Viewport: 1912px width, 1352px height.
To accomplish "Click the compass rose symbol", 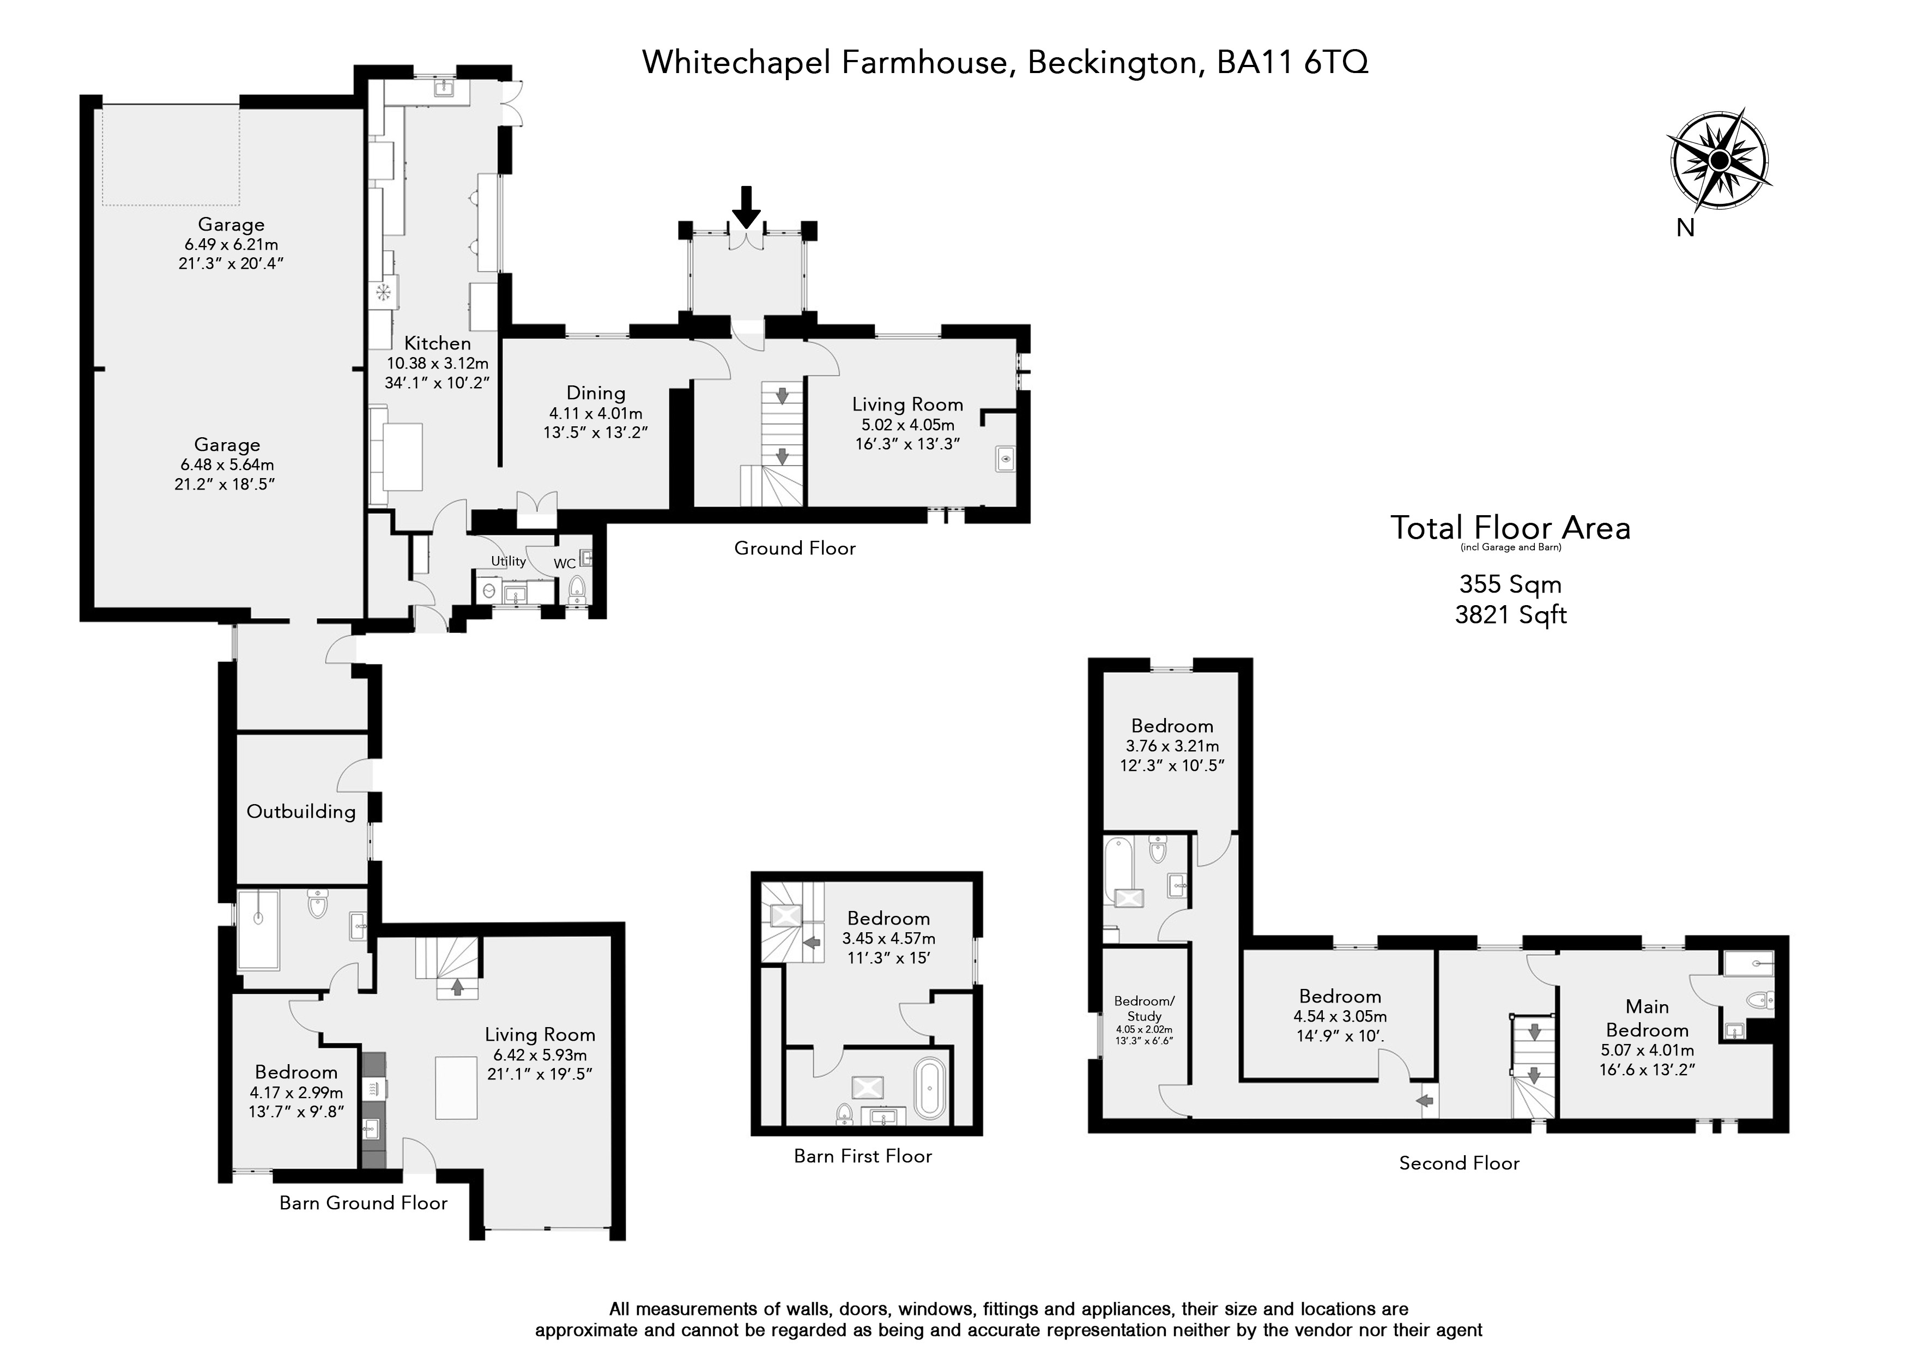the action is click(x=1718, y=161).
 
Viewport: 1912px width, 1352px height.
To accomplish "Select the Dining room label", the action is click(x=595, y=393).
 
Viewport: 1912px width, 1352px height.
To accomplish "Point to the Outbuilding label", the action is click(x=301, y=811).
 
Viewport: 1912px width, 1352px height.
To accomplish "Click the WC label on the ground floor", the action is click(x=565, y=564).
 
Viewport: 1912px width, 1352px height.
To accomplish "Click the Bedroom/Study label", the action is click(x=1144, y=1009).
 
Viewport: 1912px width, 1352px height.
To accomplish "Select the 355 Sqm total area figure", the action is click(x=1510, y=584).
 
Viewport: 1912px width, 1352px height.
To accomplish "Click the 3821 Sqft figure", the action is click(x=1511, y=615).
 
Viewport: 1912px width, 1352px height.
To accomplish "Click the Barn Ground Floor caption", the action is click(x=363, y=1203).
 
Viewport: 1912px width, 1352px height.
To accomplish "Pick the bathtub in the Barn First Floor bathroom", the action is click(x=930, y=1088).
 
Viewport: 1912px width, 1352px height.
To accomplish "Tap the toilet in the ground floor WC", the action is click(x=576, y=589).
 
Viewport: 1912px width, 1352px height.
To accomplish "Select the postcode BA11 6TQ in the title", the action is click(x=1292, y=63).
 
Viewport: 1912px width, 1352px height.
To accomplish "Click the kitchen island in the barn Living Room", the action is click(x=456, y=1088).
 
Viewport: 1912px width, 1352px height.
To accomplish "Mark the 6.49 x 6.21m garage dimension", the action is click(x=232, y=245).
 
